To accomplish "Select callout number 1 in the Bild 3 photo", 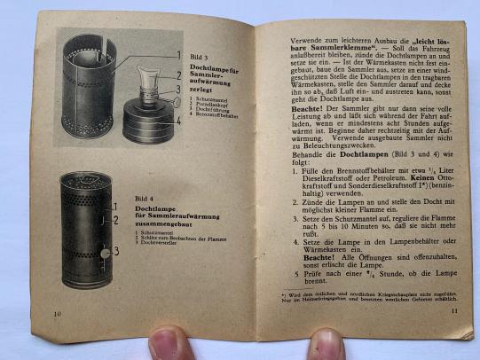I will tap(177, 54).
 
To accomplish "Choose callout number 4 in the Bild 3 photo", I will tap(178, 105).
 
